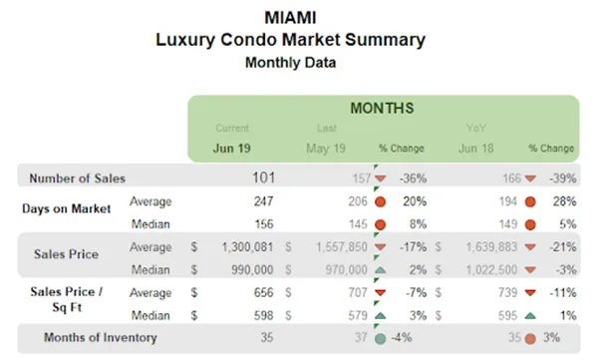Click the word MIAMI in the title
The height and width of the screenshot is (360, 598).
tap(290, 18)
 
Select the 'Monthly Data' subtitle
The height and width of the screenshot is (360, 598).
tap(290, 62)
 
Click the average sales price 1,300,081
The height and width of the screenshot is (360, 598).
tap(240, 246)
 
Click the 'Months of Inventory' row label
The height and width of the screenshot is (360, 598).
tap(100, 337)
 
